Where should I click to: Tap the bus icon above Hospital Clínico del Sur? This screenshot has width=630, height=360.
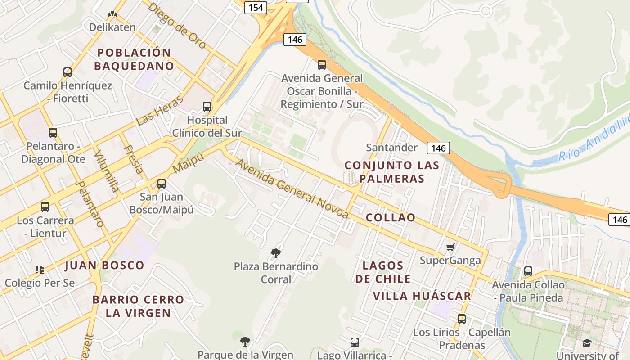207,107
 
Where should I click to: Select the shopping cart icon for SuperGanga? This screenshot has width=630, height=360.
450,247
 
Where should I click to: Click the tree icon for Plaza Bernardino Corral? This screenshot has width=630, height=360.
276,253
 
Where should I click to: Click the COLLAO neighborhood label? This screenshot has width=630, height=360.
391,218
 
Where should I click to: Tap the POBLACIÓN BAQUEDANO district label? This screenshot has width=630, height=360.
134,59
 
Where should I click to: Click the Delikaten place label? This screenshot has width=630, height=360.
112,27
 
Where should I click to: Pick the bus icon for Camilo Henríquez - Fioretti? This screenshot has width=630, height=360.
67,72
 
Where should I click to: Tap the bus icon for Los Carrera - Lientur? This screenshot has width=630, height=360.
45,207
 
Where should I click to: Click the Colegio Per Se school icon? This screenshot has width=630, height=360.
40,270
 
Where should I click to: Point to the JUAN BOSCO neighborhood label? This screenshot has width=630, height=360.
105,265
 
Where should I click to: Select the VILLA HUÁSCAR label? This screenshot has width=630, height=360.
422,296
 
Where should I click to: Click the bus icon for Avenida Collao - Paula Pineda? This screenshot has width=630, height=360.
528,271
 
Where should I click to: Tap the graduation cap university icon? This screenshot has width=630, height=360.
587,343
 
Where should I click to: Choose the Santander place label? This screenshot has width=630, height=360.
391,148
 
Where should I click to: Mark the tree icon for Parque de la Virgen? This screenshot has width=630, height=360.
245,342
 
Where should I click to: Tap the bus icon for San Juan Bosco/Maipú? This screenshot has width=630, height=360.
162,184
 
